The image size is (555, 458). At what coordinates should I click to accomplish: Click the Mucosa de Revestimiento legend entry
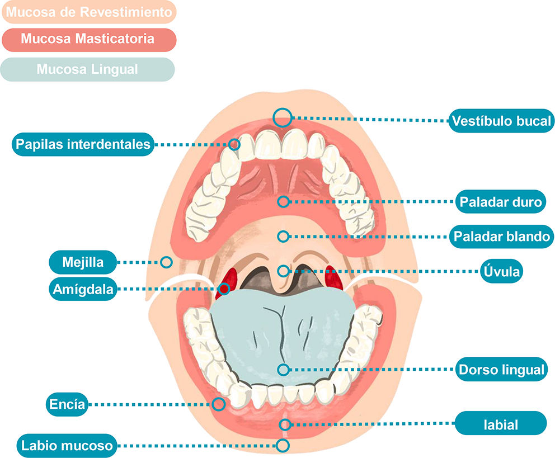point(88,12)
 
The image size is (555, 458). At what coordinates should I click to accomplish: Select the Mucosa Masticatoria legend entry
point(88,40)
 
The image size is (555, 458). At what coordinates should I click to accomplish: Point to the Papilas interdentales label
point(83,144)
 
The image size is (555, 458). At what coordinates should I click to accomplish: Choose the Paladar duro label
point(501,202)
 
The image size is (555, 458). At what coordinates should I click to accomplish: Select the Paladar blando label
point(501,237)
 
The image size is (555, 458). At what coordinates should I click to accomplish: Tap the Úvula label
point(501,272)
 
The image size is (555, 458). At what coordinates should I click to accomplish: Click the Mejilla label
point(83,261)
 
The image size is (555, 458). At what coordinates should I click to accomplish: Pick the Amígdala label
point(83,290)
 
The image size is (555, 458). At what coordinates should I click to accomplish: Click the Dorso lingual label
point(501,370)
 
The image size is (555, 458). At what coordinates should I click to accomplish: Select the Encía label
point(67,404)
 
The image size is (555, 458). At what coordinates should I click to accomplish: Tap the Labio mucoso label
point(68,446)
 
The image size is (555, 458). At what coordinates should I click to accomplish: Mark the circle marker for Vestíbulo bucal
point(283,117)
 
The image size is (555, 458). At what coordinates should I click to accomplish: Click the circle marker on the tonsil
point(224,289)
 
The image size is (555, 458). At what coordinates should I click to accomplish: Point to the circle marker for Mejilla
point(166,261)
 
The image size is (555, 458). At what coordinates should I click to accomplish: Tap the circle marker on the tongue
point(284,369)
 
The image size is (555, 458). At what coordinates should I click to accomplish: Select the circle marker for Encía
point(219,404)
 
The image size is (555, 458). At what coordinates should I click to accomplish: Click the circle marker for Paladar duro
point(284,201)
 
